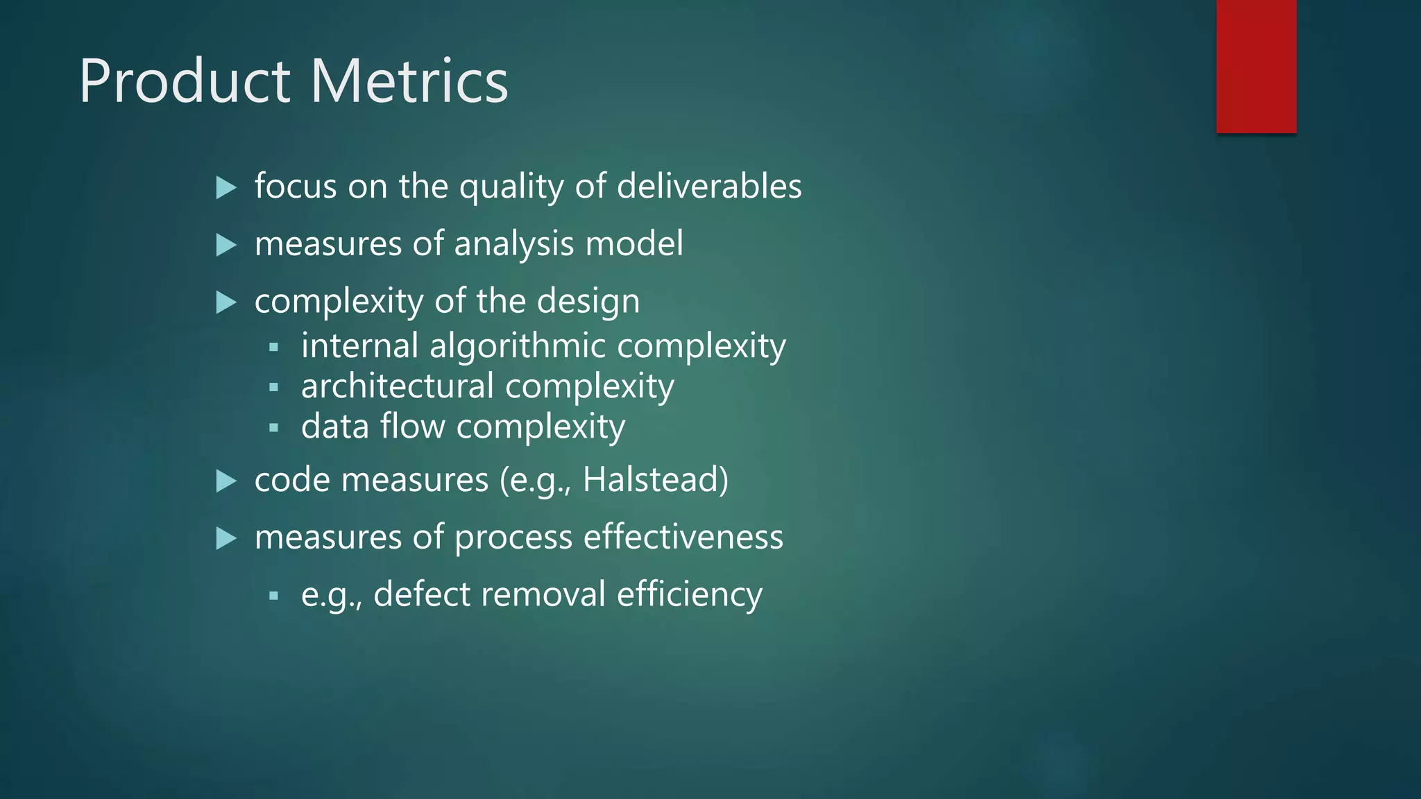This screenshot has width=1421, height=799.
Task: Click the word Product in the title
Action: point(185,81)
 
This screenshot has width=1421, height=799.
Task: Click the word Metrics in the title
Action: point(409,81)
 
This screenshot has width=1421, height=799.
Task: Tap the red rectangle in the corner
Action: point(1256,66)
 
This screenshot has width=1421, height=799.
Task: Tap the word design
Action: point(588,302)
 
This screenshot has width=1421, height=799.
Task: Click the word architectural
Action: point(398,386)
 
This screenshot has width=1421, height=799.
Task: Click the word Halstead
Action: point(655,480)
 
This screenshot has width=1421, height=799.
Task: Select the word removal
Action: point(543,594)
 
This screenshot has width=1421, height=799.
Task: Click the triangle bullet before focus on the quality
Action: point(226,187)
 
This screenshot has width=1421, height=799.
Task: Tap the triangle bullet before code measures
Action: point(226,481)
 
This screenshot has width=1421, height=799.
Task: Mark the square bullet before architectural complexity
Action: point(273,387)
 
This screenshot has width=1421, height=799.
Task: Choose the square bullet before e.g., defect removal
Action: point(273,595)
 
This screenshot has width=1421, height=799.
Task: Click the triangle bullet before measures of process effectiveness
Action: point(226,538)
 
